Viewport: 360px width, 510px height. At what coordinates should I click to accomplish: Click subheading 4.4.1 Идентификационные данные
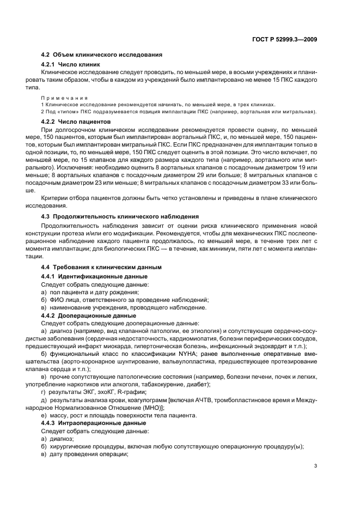[94, 277]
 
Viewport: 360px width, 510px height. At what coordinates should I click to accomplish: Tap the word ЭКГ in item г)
[87, 392]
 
